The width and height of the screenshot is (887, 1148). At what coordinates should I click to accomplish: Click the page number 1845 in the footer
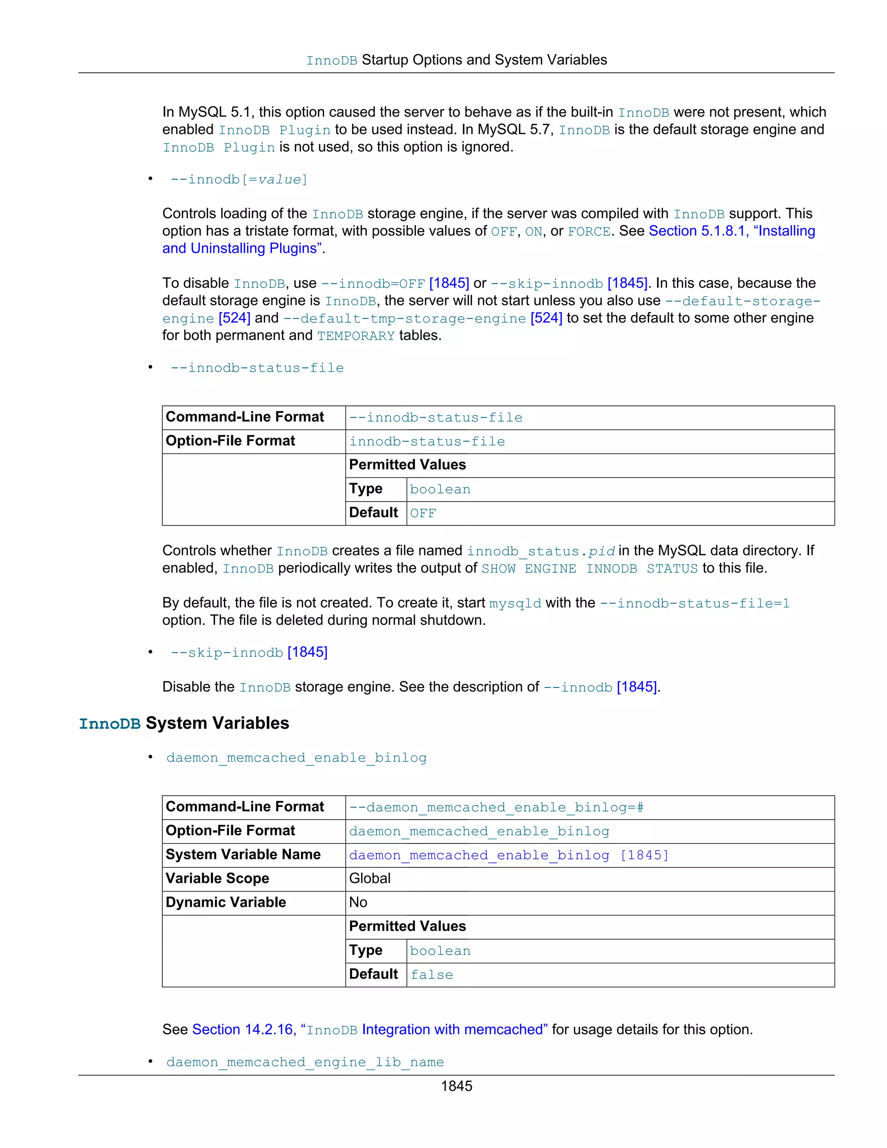tap(456, 1086)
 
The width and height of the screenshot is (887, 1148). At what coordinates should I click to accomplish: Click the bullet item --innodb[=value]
tap(239, 179)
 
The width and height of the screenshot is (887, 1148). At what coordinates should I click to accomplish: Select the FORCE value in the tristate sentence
tap(589, 231)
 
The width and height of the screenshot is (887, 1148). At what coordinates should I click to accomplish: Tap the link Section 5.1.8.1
tap(698, 231)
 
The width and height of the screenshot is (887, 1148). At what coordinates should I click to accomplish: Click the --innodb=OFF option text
tap(372, 283)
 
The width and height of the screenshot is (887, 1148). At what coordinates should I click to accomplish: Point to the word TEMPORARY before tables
tap(356, 335)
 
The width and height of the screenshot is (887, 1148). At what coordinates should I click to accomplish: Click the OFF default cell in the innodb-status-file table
tap(423, 513)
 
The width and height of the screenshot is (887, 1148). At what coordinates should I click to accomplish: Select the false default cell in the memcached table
tap(431, 975)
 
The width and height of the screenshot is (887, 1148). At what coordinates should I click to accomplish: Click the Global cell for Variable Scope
tap(370, 879)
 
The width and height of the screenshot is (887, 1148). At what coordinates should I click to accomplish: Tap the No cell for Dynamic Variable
tap(358, 902)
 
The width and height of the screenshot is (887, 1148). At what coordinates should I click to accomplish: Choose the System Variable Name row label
tap(243, 854)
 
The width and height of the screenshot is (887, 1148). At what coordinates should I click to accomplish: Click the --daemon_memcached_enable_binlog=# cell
tap(496, 807)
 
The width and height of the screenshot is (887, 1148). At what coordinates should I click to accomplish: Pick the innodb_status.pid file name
tap(541, 551)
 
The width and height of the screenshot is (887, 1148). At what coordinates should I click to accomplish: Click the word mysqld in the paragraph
tap(515, 603)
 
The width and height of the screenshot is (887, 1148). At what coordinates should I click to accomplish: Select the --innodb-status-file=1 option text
tap(694, 603)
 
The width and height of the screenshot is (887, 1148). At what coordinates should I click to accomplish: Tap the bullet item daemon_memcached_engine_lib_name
tap(305, 1062)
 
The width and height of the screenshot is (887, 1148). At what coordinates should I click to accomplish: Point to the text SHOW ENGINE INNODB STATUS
tap(589, 568)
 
